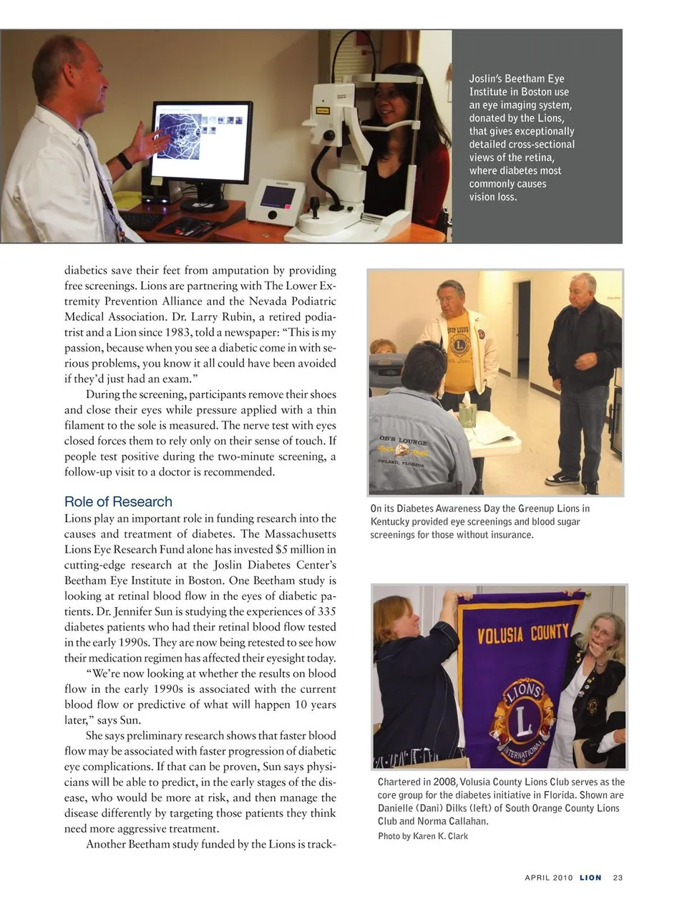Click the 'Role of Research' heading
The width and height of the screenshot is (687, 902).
118,502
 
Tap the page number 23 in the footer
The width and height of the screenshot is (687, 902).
618,878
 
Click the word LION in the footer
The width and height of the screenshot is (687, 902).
590,878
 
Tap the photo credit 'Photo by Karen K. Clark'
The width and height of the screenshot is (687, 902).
422,836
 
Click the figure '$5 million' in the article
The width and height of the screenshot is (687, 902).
301,550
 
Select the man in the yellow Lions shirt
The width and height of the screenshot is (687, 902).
457,344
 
